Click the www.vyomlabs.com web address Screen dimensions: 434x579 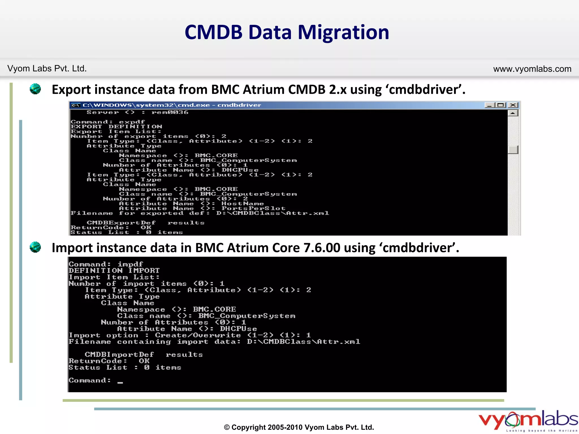point(532,69)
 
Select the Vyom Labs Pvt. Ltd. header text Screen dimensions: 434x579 point(47,68)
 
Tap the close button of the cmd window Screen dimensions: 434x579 point(513,105)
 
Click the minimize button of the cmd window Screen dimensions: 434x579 point(490,105)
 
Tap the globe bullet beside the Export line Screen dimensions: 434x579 point(35,89)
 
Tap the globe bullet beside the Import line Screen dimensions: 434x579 point(35,247)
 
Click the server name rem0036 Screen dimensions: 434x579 point(170,112)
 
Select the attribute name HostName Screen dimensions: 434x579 point(243,204)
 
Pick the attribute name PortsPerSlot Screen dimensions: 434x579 point(253,209)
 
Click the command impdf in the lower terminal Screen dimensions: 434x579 point(130,264)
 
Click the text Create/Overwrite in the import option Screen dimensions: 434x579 point(198,335)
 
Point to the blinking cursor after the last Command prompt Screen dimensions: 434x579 point(120,383)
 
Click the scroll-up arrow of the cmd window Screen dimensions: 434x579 point(513,113)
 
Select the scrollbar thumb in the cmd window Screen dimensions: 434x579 point(513,149)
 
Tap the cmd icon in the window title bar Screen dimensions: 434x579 point(75,105)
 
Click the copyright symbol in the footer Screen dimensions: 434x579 point(227,428)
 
